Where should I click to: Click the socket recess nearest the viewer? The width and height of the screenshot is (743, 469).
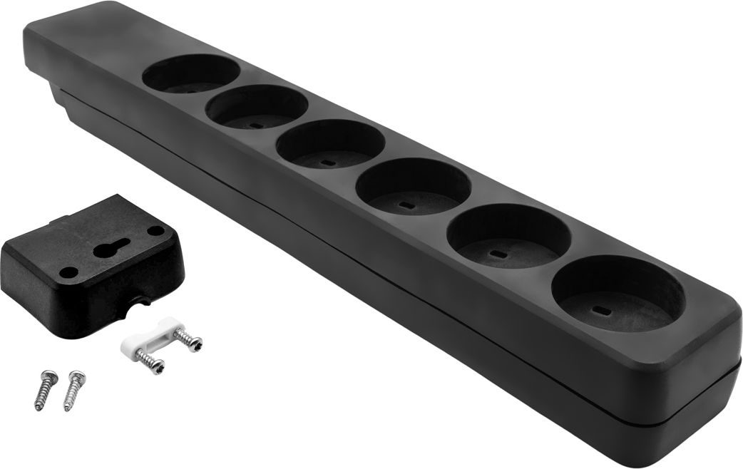[618, 294]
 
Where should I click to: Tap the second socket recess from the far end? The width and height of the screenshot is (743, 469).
[257, 107]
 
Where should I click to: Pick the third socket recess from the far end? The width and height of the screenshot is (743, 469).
[330, 144]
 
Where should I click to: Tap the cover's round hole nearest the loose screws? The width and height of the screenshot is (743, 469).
[68, 272]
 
